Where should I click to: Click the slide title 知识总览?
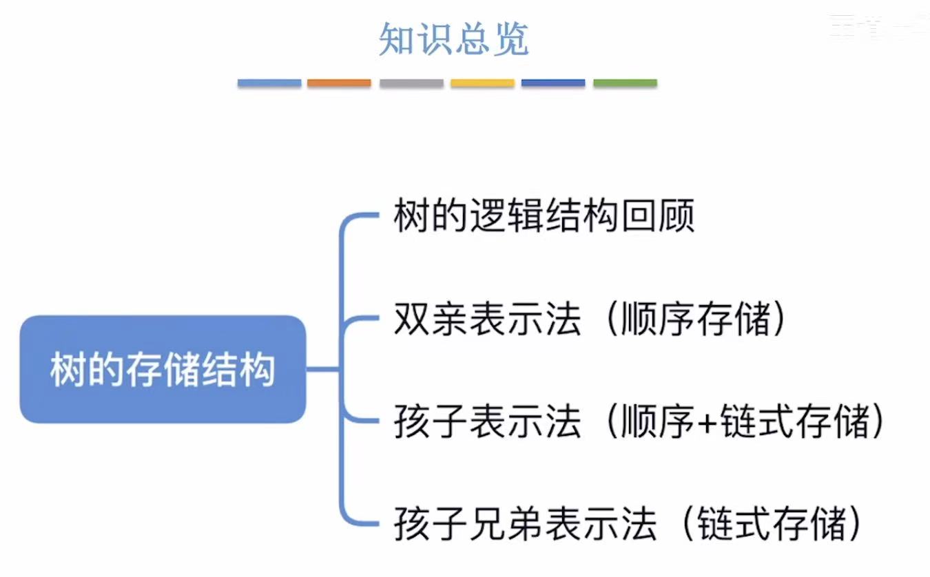(x=454, y=40)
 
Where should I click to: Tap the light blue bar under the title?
(x=269, y=83)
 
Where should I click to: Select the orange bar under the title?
(x=339, y=83)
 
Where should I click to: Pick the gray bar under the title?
(x=411, y=83)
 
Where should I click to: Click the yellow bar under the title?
(x=482, y=83)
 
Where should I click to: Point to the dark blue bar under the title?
(x=553, y=83)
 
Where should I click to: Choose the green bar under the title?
(x=625, y=83)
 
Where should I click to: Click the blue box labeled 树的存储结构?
(x=163, y=369)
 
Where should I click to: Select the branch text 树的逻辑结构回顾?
(x=544, y=216)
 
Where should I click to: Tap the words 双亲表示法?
(x=487, y=319)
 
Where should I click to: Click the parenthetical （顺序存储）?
(x=695, y=319)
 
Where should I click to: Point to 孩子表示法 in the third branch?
(x=487, y=421)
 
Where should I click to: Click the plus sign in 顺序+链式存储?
(x=704, y=422)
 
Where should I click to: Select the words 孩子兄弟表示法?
(x=524, y=524)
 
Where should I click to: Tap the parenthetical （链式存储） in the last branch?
(x=771, y=524)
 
